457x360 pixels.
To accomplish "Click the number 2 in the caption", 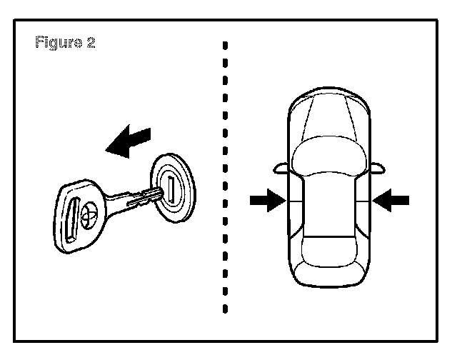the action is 91,42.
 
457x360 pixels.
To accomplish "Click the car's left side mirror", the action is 279,169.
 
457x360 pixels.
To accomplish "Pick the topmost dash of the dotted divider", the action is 225,46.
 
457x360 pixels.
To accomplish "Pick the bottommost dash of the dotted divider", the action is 225,310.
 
